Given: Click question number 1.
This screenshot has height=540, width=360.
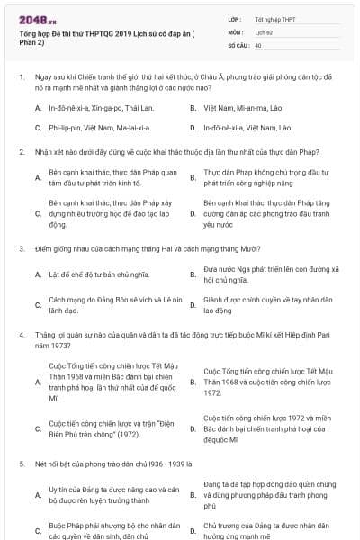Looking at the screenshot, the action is [x=21, y=77].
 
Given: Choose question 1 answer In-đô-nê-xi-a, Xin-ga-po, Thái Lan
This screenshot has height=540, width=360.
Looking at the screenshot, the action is [x=97, y=108].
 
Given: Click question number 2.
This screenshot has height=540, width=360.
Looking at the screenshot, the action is [x=21, y=155].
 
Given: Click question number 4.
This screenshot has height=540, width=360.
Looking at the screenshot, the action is [x=21, y=334].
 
